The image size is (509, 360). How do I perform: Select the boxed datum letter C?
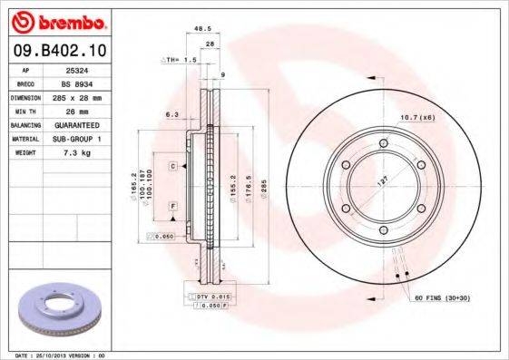point(171,168)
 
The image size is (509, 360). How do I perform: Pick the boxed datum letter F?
point(171,208)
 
